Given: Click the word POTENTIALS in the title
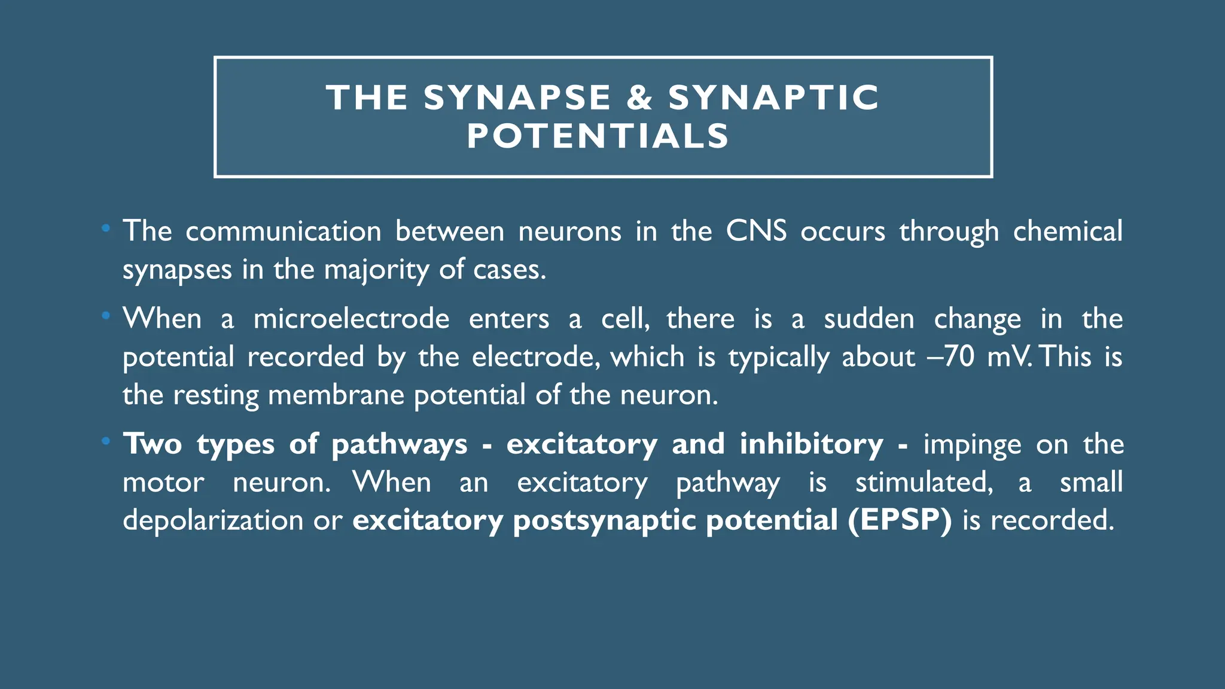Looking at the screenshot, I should [x=598, y=136].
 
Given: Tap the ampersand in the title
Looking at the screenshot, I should [x=639, y=97].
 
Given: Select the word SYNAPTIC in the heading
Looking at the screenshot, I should [x=774, y=97].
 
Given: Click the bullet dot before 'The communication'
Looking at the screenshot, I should [x=106, y=228].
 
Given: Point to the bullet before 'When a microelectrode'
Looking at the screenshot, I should [x=106, y=315].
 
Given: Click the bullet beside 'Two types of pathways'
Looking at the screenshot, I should [x=106, y=441].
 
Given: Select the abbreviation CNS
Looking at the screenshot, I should [x=756, y=231].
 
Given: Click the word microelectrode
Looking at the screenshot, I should [x=351, y=319].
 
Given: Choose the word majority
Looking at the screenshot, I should [x=376, y=270].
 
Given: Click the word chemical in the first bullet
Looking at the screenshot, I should [x=1068, y=231].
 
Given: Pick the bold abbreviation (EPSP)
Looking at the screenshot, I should [x=899, y=520].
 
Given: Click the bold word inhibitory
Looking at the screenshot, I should [x=811, y=444].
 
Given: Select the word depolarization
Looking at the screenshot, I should [x=213, y=520].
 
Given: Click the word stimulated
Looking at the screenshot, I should [x=924, y=482].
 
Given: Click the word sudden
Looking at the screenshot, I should [x=869, y=319].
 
